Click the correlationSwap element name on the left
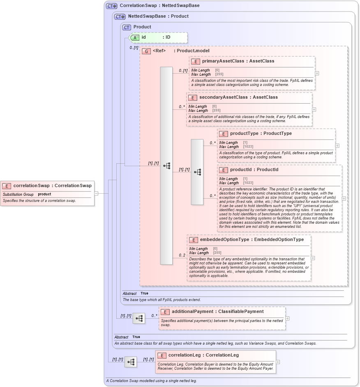31,185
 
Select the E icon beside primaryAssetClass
196,61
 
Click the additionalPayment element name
192,312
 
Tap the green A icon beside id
135,37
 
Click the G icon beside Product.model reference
146,51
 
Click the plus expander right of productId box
344,198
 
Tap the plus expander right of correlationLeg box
277,362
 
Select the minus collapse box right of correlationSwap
96,193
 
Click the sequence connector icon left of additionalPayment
139,318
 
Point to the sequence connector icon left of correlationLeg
131,362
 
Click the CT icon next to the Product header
127,27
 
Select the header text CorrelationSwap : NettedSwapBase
159,6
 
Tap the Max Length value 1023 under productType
248,147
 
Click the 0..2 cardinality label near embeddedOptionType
182,255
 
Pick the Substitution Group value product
44,194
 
